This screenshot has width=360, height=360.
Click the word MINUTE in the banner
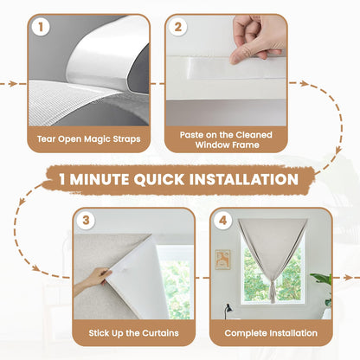95,180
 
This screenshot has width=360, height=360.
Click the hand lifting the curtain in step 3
93,280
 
